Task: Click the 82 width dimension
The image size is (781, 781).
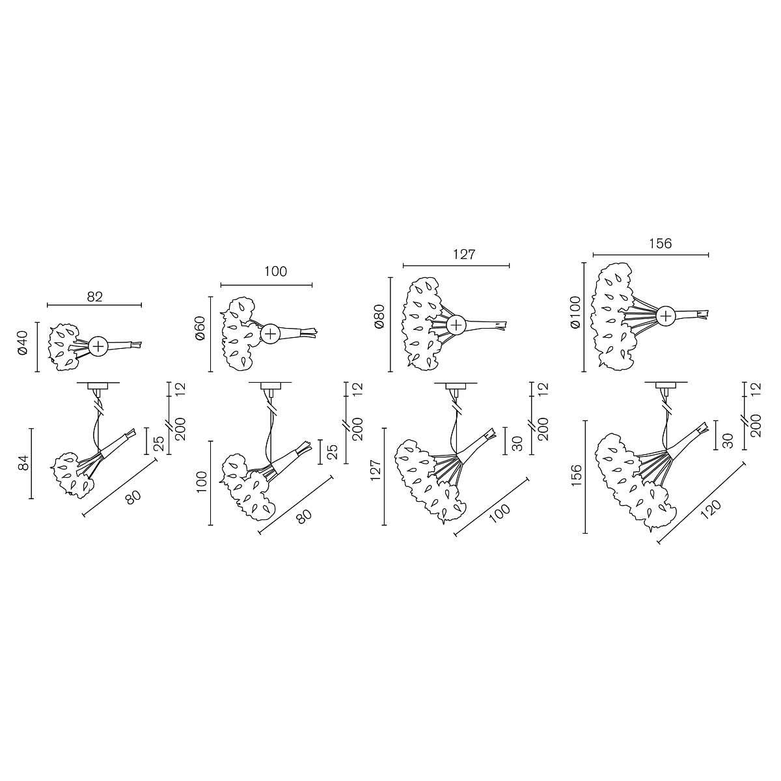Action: [x=95, y=297]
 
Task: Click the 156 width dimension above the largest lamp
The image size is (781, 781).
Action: [x=660, y=243]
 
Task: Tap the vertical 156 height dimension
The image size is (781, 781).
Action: [x=577, y=475]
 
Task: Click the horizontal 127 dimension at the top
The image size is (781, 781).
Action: [x=464, y=254]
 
